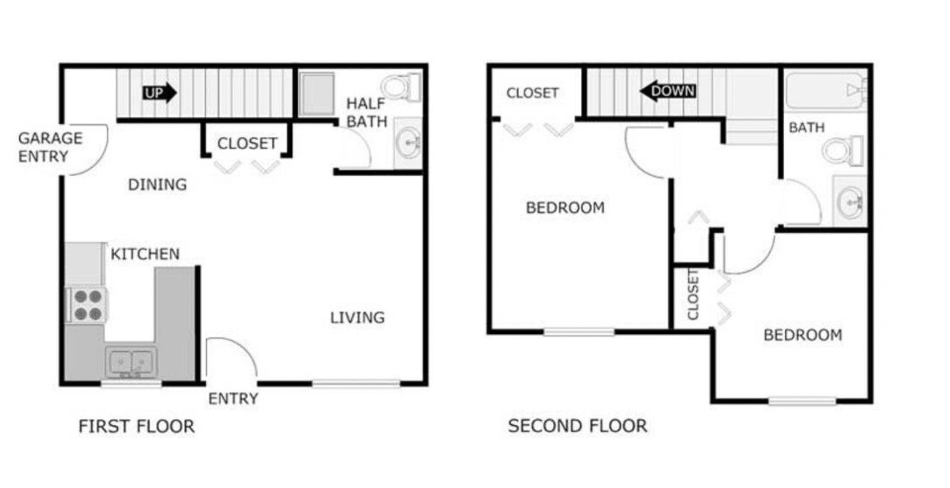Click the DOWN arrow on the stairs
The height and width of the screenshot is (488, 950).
(x=668, y=91)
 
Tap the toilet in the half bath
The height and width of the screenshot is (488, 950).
(x=401, y=87)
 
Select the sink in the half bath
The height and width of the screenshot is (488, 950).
(x=408, y=143)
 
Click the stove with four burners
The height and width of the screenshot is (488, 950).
(x=88, y=305)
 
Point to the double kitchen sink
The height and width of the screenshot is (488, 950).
(x=131, y=362)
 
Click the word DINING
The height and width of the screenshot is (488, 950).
(x=157, y=184)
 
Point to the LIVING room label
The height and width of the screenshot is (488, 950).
(x=357, y=317)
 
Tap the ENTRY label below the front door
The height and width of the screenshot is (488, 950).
(x=233, y=399)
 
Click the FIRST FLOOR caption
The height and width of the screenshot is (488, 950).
(x=136, y=426)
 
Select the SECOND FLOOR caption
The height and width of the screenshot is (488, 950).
(x=577, y=426)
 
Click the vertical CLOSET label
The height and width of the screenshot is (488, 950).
(x=693, y=295)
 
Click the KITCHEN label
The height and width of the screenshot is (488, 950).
(x=144, y=254)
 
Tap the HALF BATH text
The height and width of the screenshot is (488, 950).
(x=366, y=112)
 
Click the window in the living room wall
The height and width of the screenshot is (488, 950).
(x=356, y=383)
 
